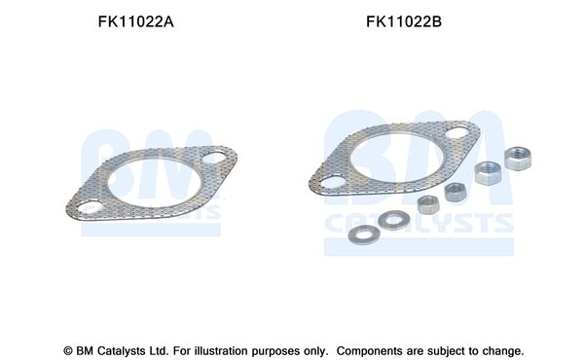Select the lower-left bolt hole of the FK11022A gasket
[89, 206]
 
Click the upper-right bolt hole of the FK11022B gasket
[459, 134]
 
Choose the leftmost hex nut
[426, 204]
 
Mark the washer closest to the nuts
[393, 219]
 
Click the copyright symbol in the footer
[69, 350]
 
